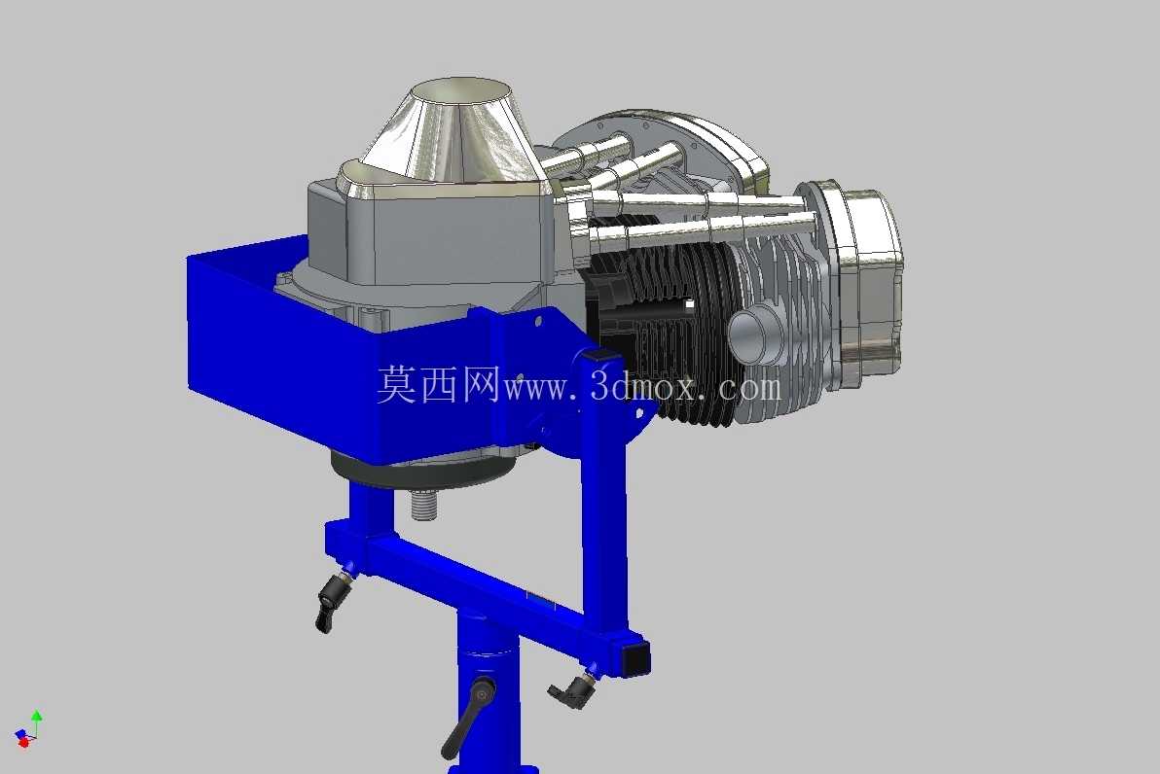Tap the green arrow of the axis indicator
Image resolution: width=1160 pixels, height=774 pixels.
(x=37, y=720)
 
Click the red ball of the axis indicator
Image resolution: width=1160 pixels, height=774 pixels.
(x=23, y=742)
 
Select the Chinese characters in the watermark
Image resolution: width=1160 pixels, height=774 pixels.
(x=439, y=384)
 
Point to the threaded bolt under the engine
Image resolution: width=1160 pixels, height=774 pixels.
(x=423, y=505)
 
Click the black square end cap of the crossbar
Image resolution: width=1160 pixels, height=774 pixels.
(x=635, y=657)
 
